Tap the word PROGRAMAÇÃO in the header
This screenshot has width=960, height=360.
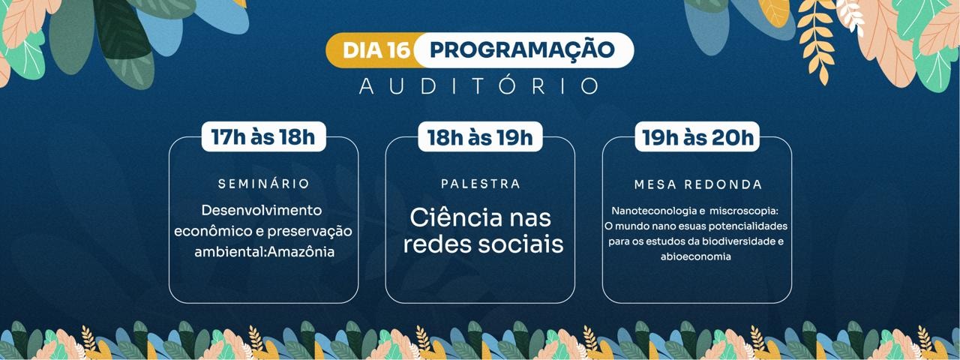click(522, 49)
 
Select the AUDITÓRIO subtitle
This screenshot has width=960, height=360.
click(478, 85)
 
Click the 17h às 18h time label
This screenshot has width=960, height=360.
click(263, 137)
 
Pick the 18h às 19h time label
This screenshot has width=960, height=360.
click(480, 137)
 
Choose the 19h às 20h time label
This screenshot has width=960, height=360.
click(697, 137)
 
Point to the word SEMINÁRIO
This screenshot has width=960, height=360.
click(263, 184)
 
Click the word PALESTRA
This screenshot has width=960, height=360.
click(481, 184)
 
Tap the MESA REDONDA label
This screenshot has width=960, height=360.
click(697, 184)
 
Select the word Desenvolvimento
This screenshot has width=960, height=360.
click(262, 211)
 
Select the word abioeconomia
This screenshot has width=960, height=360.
click(695, 256)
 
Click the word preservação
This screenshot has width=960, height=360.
click(310, 232)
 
